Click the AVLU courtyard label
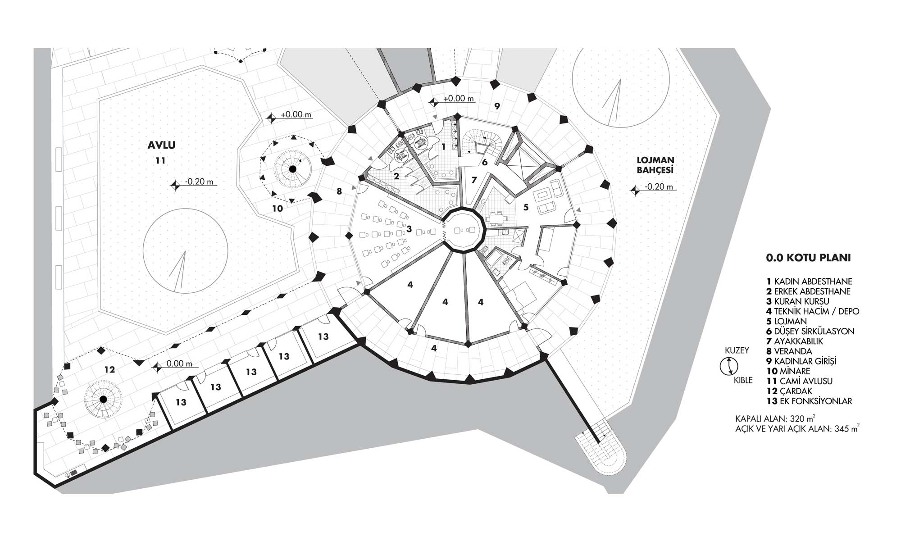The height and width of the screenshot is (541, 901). [x=161, y=145]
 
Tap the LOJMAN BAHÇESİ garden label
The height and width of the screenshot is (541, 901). [x=655, y=165]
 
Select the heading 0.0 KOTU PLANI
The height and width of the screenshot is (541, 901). [x=808, y=258]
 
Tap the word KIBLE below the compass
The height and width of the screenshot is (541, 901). [x=743, y=380]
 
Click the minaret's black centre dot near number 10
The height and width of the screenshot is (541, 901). [x=292, y=169]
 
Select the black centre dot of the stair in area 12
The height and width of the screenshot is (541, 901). [x=103, y=399]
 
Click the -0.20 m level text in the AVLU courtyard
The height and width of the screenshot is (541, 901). [x=199, y=182]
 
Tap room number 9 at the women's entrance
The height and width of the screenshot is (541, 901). [x=497, y=106]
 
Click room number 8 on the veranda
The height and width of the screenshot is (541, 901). [x=339, y=191]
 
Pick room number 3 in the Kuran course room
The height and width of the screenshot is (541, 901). [x=409, y=229]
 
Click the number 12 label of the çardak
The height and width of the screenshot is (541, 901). [x=109, y=370]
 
